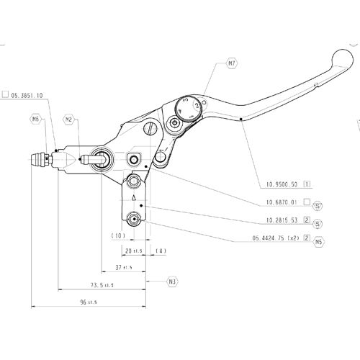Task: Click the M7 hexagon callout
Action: tap(232, 64)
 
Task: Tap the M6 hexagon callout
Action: tap(37, 119)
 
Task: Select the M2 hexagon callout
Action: tap(68, 119)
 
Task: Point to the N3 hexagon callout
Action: tap(172, 280)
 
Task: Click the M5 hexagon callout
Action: tap(318, 243)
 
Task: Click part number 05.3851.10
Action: tap(27, 94)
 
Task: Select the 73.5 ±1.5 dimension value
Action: tap(102, 285)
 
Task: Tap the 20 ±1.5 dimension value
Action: tap(133, 251)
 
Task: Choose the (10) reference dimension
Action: tap(118, 235)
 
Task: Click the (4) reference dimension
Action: tap(161, 251)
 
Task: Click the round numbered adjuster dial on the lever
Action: tap(186, 107)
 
